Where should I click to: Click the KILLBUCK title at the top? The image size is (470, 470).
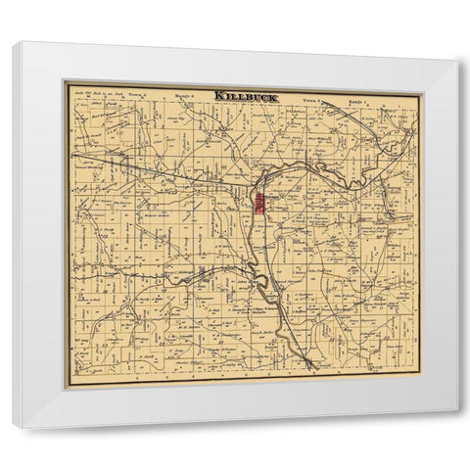[244, 95]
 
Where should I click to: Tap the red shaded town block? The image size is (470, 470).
[260, 204]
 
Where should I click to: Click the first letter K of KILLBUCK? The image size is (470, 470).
[217, 95]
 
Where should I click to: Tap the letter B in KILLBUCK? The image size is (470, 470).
[248, 95]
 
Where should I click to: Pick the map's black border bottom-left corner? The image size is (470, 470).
[68, 386]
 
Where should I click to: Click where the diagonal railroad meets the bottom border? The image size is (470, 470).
[311, 370]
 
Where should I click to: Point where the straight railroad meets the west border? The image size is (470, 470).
[71, 154]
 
